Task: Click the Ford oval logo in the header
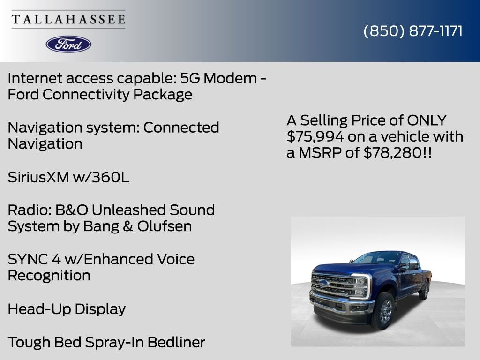[68, 44]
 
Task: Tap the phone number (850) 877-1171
[413, 31]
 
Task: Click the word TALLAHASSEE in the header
[68, 20]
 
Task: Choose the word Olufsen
[165, 226]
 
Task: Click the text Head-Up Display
[67, 309]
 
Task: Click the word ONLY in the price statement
[427, 120]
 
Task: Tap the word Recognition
[49, 276]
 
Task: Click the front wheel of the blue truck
[384, 311]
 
